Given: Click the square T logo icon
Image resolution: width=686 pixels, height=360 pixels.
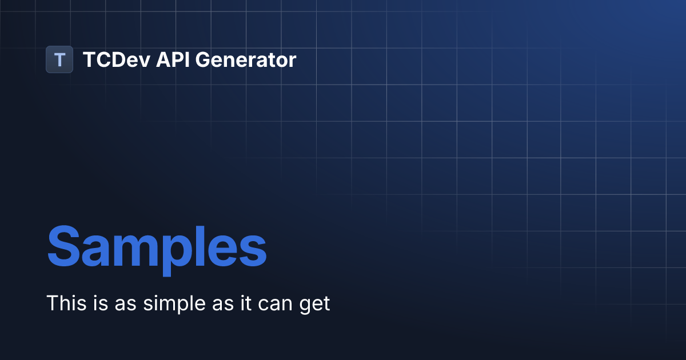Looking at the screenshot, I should pyautogui.click(x=59, y=59).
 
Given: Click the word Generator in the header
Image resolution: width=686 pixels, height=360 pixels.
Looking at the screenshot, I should pyautogui.click(x=246, y=59).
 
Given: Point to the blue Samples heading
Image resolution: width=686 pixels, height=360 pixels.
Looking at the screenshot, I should pyautogui.click(x=157, y=247).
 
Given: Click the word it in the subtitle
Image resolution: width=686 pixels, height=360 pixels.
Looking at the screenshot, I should pyautogui.click(x=244, y=303).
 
